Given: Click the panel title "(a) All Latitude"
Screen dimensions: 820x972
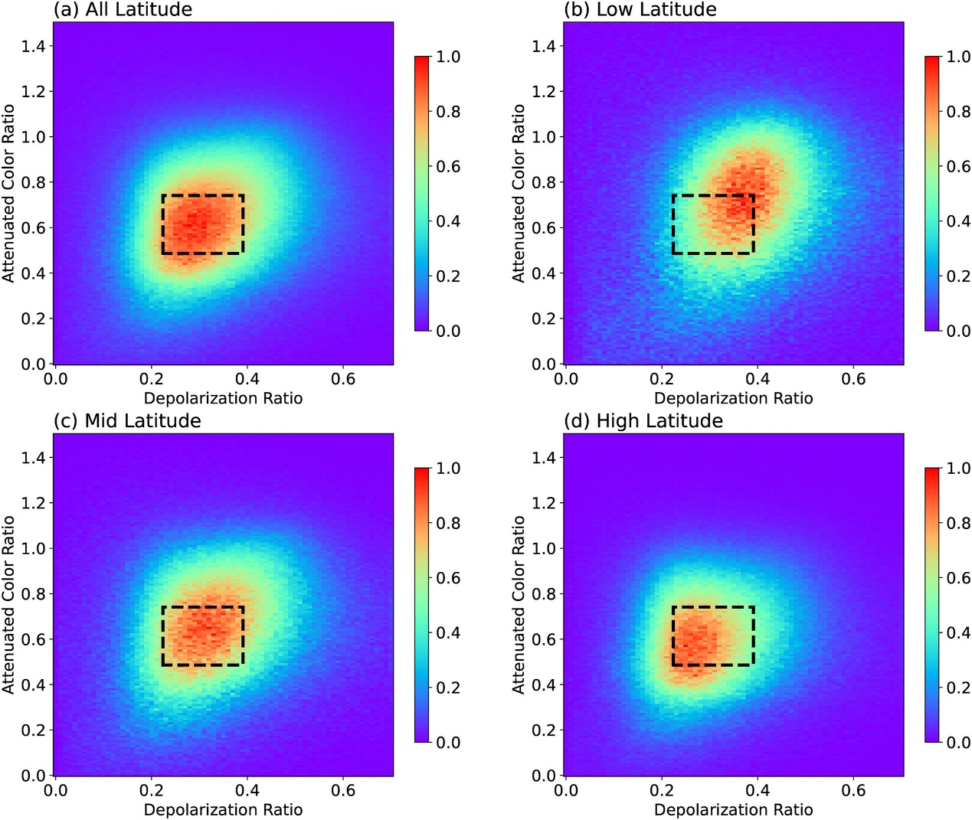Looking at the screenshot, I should point(123,10).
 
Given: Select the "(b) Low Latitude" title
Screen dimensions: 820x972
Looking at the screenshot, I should point(640,10).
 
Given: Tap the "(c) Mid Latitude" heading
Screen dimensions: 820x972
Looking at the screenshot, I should point(127,421).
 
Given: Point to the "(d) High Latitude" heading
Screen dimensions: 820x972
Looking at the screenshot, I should point(643,421).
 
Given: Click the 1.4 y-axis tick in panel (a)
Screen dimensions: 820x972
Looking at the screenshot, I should point(34,46).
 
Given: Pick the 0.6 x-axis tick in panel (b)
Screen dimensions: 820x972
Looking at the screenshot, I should point(853,378).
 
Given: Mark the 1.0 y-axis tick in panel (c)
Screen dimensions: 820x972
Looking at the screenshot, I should point(34,548).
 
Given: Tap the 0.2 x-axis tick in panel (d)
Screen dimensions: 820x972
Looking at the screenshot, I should point(662,790).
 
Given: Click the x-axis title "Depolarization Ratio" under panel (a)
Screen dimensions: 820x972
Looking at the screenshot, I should point(223,398).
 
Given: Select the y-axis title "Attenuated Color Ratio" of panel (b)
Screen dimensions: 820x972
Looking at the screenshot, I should point(519,194).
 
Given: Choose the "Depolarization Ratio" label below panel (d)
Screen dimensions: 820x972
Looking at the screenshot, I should point(734,809).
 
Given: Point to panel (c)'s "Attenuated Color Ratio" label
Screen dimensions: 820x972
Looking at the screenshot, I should point(8,605).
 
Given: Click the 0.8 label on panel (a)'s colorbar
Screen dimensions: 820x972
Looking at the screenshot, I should point(448,112).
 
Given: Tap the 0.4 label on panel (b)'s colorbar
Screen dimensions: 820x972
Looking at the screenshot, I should point(958,221).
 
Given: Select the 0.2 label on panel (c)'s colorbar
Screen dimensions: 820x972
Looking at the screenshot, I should point(448,688).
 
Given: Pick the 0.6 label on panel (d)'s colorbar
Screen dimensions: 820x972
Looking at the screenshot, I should point(958,578).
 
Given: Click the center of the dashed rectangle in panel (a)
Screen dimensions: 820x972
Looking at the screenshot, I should point(203,224).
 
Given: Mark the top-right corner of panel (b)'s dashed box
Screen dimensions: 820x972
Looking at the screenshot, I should point(754,195).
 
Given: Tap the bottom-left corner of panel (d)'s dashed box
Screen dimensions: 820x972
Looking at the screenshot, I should point(673,665).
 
